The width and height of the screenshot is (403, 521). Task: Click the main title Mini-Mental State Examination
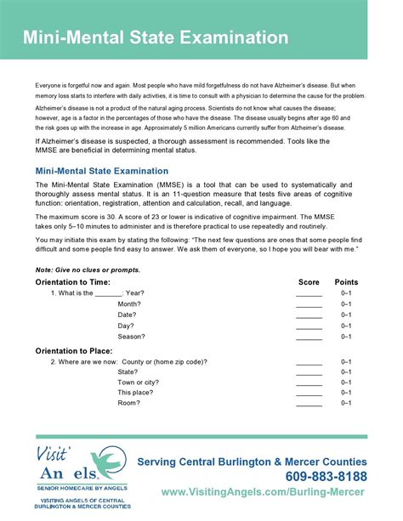pyautogui.click(x=156, y=38)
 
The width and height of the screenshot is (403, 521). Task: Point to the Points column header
pyautogui.click(x=346, y=281)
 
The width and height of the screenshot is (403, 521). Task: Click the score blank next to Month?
pyautogui.click(x=309, y=303)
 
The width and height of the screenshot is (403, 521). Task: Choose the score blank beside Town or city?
pyautogui.click(x=309, y=382)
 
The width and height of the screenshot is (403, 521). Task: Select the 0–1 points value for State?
pyautogui.click(x=346, y=371)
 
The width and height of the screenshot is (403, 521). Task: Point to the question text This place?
pyautogui.click(x=134, y=393)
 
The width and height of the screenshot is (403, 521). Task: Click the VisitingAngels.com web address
pyautogui.click(x=264, y=493)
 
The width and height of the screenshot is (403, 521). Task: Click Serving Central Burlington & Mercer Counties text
pyautogui.click(x=253, y=462)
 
